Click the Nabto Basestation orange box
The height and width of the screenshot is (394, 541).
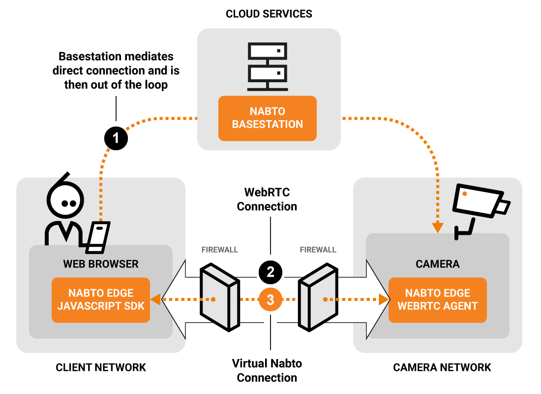click(267, 118)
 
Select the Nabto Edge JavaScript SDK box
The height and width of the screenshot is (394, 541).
click(101, 300)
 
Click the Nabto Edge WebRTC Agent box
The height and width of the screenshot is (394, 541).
click(437, 300)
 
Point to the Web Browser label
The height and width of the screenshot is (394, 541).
click(101, 264)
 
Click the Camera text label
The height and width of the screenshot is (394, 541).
click(437, 264)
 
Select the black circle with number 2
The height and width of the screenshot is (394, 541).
click(270, 272)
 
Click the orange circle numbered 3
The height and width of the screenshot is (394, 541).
click(270, 299)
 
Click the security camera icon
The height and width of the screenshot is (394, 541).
click(480, 204)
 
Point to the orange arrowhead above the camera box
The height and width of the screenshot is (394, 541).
click(438, 228)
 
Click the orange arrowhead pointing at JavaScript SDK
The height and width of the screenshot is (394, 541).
click(155, 299)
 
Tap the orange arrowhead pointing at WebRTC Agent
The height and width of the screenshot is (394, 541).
click(384, 299)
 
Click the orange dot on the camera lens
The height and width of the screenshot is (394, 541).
click(465, 194)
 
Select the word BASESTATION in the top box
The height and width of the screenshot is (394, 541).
click(267, 125)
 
